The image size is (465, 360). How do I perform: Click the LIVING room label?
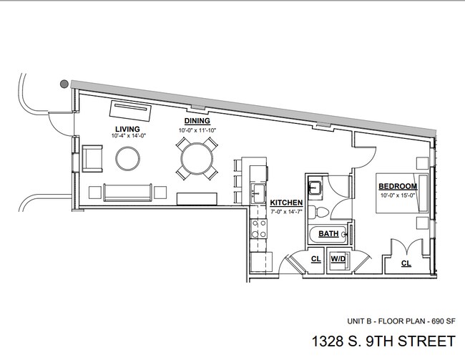coord(127,128)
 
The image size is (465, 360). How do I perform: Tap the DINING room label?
coord(197,122)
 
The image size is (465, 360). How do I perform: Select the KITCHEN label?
coord(287,203)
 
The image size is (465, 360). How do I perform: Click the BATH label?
coord(328,233)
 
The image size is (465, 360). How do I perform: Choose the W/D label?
coord(338,258)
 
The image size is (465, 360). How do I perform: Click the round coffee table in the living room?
coord(129,158)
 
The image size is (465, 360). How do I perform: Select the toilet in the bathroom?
coord(322,210)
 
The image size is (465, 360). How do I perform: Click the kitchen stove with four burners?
coord(258,228)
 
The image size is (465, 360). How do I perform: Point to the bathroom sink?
coord(315,188)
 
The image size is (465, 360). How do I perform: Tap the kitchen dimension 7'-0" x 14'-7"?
coord(287,211)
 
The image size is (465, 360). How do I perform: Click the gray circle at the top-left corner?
coord(64,84)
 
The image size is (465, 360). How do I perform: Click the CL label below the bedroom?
coord(406,263)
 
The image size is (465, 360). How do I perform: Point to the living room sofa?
coord(127,192)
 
